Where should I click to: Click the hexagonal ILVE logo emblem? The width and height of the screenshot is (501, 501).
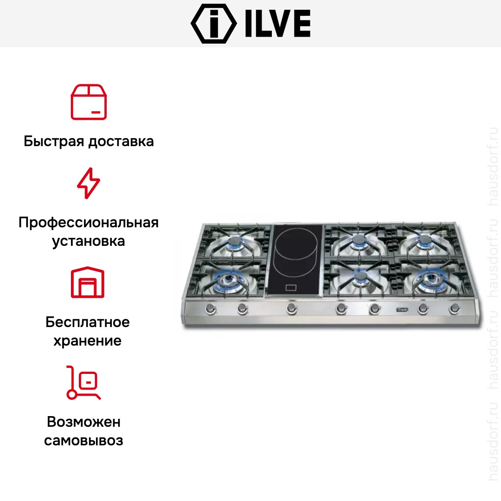214,24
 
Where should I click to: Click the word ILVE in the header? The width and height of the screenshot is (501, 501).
278,24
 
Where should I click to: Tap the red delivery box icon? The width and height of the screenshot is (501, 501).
89,102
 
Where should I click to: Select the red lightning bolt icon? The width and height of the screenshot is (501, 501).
89,183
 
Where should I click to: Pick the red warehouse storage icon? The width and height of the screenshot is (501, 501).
88,282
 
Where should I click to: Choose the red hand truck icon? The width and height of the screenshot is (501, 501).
83,382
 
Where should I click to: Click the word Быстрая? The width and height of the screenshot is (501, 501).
54,141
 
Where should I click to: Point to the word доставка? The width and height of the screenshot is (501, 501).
121,141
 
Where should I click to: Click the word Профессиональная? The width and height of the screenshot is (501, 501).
89,223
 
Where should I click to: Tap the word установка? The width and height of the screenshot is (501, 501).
89,241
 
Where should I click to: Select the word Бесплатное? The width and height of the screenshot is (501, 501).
88,322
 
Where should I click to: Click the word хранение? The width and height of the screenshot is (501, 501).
88,341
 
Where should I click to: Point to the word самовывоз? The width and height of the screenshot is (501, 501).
83,441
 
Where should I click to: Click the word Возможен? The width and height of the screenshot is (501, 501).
83,422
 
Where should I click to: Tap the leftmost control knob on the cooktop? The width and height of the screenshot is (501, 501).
211,308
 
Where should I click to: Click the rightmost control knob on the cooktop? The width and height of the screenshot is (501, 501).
454,308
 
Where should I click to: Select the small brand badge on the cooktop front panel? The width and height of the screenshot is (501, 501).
402,309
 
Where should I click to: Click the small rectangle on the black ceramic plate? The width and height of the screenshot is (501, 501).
291,288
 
